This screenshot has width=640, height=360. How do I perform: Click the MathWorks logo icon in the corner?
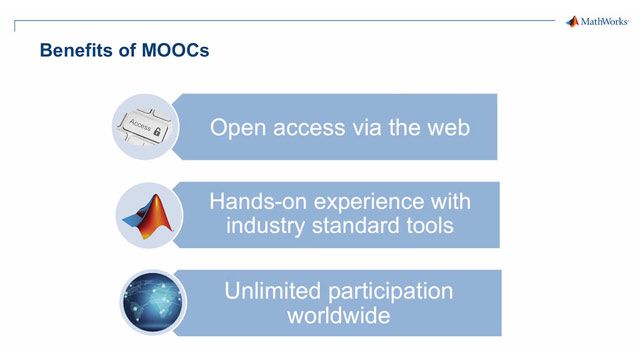tap(572, 21)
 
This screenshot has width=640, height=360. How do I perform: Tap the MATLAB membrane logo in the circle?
tap(147, 213)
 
